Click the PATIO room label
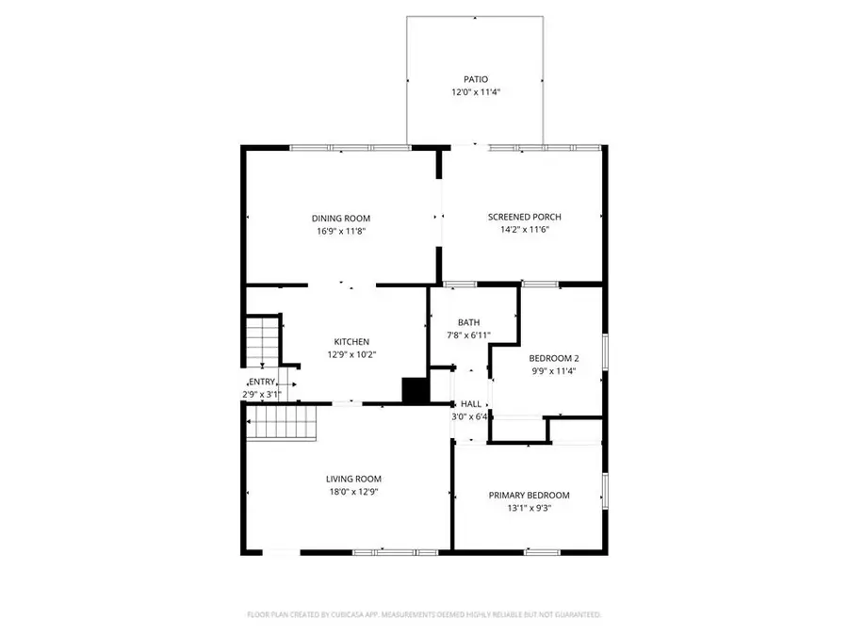pos(476,79)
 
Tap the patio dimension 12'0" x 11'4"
pos(476,92)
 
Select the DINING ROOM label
pos(340,217)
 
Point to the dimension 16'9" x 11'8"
pos(340,230)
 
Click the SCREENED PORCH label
pos(524,217)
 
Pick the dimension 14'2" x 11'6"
pos(524,230)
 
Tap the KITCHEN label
pos(351,341)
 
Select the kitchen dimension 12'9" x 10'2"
pos(351,355)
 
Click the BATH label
pos(468,322)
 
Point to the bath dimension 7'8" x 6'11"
pos(468,335)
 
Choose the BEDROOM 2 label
pos(553,358)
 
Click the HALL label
pos(471,403)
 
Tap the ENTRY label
pos(263,381)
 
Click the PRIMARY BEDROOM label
pos(529,496)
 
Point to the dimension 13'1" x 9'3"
pos(529,509)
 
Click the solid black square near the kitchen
pos(414,390)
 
